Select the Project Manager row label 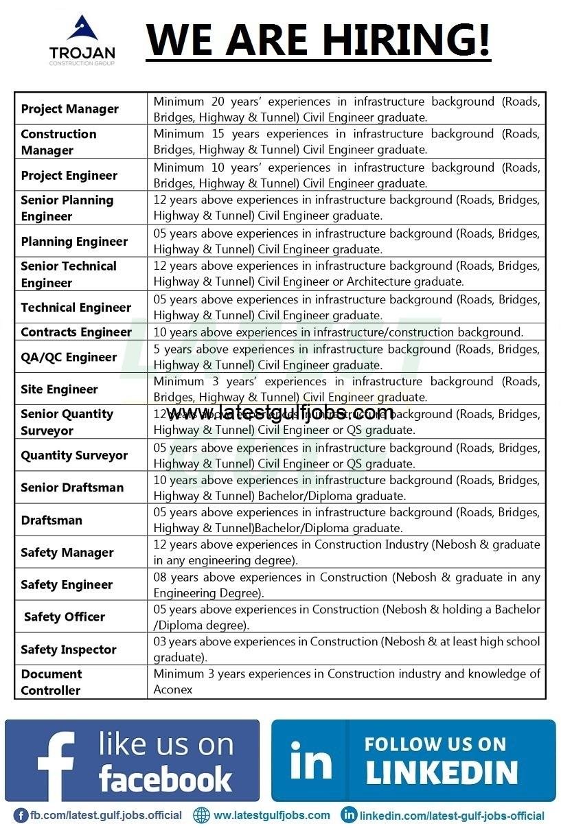click(x=69, y=109)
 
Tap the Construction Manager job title click(x=58, y=142)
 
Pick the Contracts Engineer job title click(x=76, y=332)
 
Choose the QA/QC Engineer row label click(x=69, y=357)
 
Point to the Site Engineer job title click(x=59, y=389)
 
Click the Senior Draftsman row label click(x=72, y=487)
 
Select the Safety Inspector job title click(x=69, y=649)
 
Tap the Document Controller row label click(x=51, y=682)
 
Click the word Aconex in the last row click(x=173, y=690)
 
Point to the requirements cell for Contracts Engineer click(x=338, y=332)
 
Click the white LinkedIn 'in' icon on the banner click(x=311, y=760)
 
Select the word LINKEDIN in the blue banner click(x=442, y=772)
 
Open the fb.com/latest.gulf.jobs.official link click(x=106, y=816)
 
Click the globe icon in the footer click(x=201, y=815)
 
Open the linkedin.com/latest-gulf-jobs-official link click(x=452, y=816)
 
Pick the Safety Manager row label click(x=67, y=553)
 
